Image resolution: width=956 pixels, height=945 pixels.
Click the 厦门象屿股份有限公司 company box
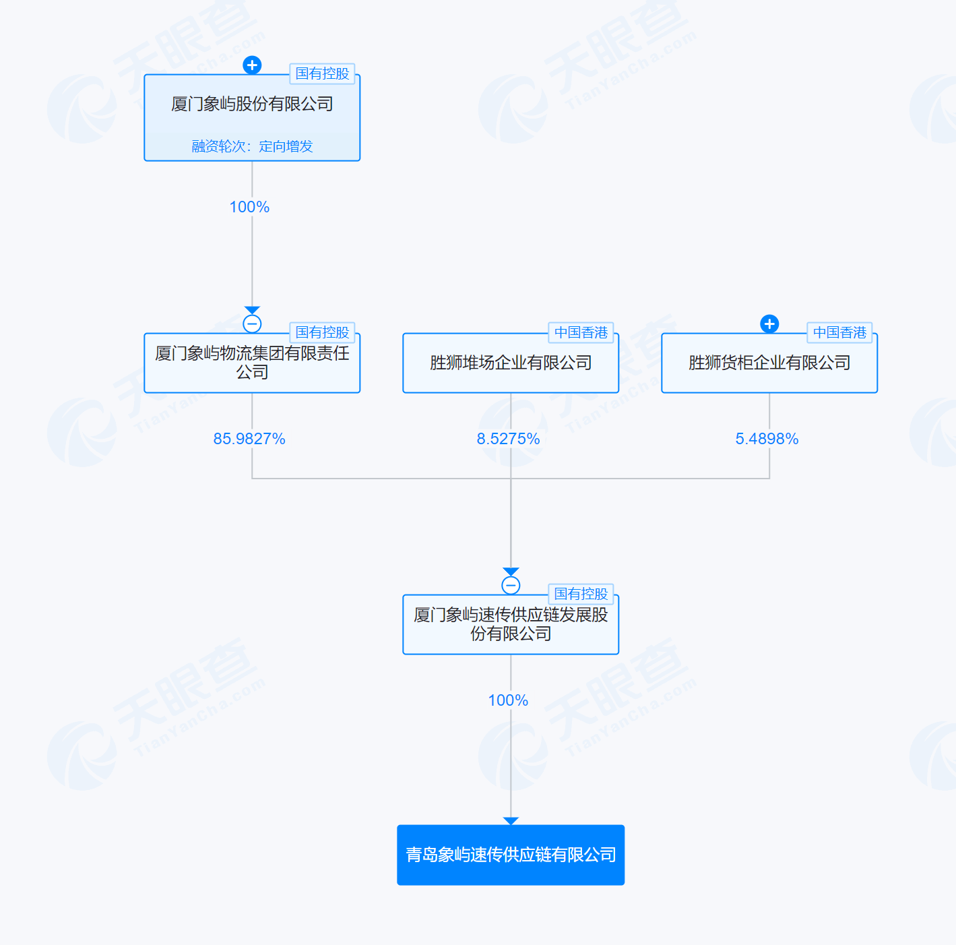tap(252, 118)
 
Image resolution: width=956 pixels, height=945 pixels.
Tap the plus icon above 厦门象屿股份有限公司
tap(252, 65)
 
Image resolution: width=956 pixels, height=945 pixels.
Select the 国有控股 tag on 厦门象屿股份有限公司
tap(323, 73)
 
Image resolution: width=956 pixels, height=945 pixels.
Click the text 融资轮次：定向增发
tap(252, 146)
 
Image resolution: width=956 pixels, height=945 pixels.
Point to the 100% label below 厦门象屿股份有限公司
tap(249, 207)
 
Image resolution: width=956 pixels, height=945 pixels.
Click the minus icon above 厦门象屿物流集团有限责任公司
tap(252, 324)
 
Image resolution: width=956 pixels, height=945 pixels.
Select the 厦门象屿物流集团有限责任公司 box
tap(252, 363)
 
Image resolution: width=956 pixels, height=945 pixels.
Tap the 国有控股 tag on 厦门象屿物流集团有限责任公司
tap(323, 332)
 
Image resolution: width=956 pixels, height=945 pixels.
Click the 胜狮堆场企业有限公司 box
tap(511, 363)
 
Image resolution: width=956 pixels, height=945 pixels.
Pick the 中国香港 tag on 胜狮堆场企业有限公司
tap(581, 332)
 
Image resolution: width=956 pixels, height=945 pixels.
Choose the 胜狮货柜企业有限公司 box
tap(769, 363)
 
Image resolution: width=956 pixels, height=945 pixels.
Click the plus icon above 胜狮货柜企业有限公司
tap(769, 324)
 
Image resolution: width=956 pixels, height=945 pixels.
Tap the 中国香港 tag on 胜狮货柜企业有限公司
tap(840, 332)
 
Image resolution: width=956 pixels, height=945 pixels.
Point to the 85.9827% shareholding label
tap(249, 439)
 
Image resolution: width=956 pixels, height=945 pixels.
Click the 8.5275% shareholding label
tap(508, 439)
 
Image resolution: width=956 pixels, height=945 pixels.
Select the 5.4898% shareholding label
tap(767, 439)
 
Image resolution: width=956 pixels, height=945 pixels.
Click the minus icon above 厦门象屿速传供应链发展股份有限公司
tap(511, 586)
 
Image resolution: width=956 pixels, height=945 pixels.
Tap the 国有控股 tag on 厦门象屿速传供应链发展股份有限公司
tap(581, 594)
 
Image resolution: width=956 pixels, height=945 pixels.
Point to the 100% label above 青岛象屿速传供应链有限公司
tap(508, 701)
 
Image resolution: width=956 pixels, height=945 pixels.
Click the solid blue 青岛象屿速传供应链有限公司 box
tap(511, 855)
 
